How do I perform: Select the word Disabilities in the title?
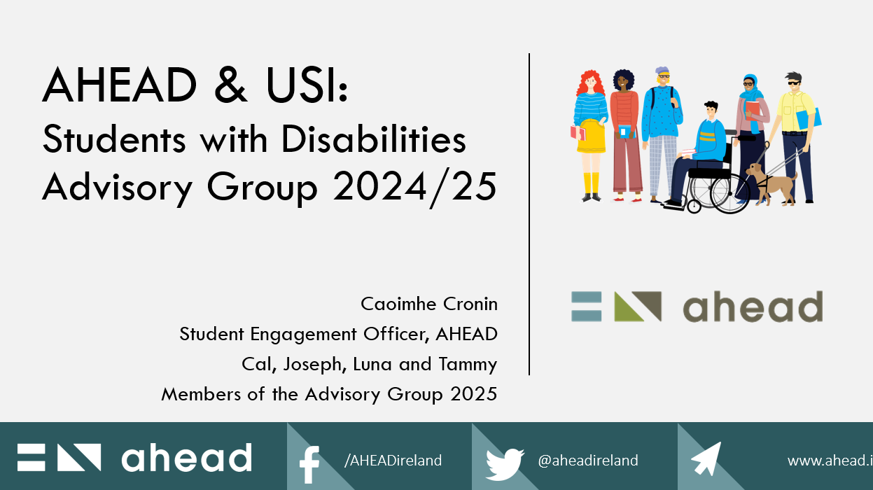coord(373,139)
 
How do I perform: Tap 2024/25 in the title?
coord(414,188)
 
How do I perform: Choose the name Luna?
coord(372,364)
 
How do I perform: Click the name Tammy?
coord(468,365)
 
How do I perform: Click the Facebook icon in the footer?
coord(309,464)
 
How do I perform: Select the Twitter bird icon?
coord(505,464)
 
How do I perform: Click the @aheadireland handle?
coord(587,461)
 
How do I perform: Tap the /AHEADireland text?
coord(393,461)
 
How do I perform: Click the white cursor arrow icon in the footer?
coord(706,458)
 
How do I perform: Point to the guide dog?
coord(771,183)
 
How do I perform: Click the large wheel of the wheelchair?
coord(730,194)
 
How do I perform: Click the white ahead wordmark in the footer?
coord(187,457)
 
